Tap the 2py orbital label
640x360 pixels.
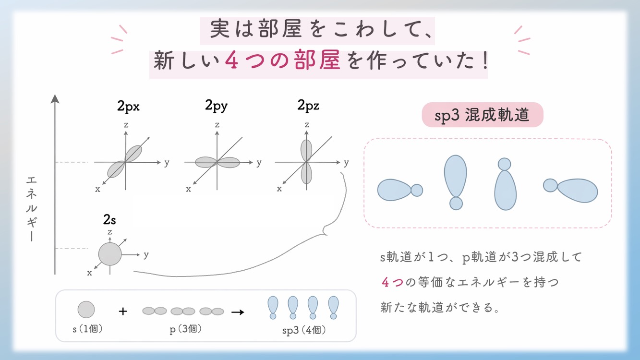[x=216, y=106]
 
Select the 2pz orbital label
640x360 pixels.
[x=308, y=106]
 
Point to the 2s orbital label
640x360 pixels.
[x=109, y=220]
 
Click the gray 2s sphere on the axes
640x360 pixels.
[x=110, y=254]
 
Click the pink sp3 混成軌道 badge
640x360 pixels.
[x=482, y=115]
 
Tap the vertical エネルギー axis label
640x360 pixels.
[x=32, y=208]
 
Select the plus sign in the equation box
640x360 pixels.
[x=123, y=311]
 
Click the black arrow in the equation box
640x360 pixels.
[x=238, y=312]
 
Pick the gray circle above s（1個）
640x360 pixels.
[x=86, y=310]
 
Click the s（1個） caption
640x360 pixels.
[x=86, y=329]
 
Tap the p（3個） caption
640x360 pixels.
[x=183, y=329]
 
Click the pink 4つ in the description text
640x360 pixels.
[x=392, y=282]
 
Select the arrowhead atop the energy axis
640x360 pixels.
[x=55, y=99]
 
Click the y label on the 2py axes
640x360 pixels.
[x=259, y=163]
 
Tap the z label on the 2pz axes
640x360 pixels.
[x=307, y=125]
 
